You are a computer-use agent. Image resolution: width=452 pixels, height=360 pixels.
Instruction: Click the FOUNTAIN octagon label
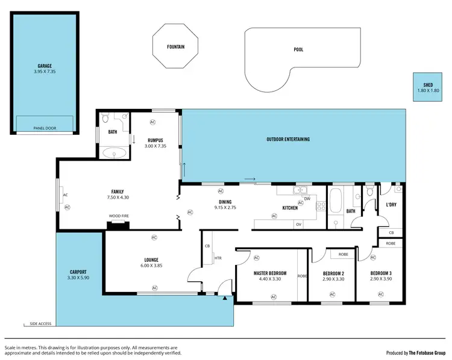[x=176, y=46]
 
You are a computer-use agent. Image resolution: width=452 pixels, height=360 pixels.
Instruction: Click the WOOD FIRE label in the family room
[x=118, y=216]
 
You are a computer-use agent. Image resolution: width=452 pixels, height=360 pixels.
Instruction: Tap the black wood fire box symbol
[x=118, y=225]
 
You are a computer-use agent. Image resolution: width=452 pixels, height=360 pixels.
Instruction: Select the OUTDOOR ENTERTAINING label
[x=288, y=139]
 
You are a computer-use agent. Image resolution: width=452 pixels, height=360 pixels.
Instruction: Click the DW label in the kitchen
[x=307, y=198]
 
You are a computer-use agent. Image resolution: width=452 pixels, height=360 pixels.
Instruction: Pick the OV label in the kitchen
[x=298, y=224]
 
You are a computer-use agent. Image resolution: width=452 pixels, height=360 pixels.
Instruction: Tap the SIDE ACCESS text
[x=41, y=324]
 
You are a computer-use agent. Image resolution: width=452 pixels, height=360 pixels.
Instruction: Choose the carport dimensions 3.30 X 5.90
[x=78, y=278]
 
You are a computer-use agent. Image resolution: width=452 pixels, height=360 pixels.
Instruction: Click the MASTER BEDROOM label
[x=270, y=273]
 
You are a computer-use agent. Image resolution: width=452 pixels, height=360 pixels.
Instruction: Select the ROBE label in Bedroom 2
[x=343, y=254]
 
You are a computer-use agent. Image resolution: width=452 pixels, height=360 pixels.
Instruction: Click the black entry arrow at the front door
[x=225, y=297]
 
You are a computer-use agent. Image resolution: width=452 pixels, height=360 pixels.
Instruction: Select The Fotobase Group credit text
[x=427, y=353]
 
